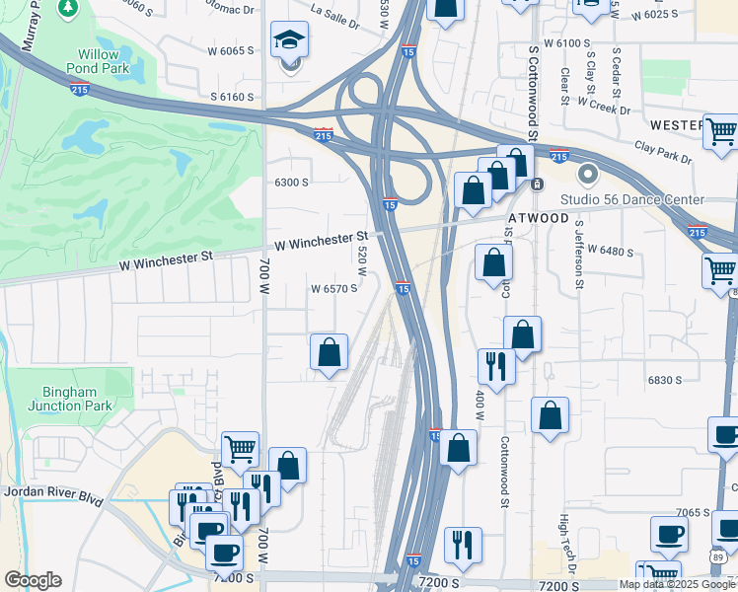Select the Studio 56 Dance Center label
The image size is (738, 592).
tap(632, 199)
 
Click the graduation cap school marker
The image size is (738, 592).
tap(289, 42)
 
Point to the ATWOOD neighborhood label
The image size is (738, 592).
tap(541, 217)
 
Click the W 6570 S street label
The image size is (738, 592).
tap(333, 289)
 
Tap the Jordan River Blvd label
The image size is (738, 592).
tap(53, 492)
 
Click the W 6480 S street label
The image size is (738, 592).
tap(610, 252)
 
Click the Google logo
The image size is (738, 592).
tap(33, 580)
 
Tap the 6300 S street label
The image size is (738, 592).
tap(292, 183)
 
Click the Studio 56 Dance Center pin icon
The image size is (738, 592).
tap(589, 176)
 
